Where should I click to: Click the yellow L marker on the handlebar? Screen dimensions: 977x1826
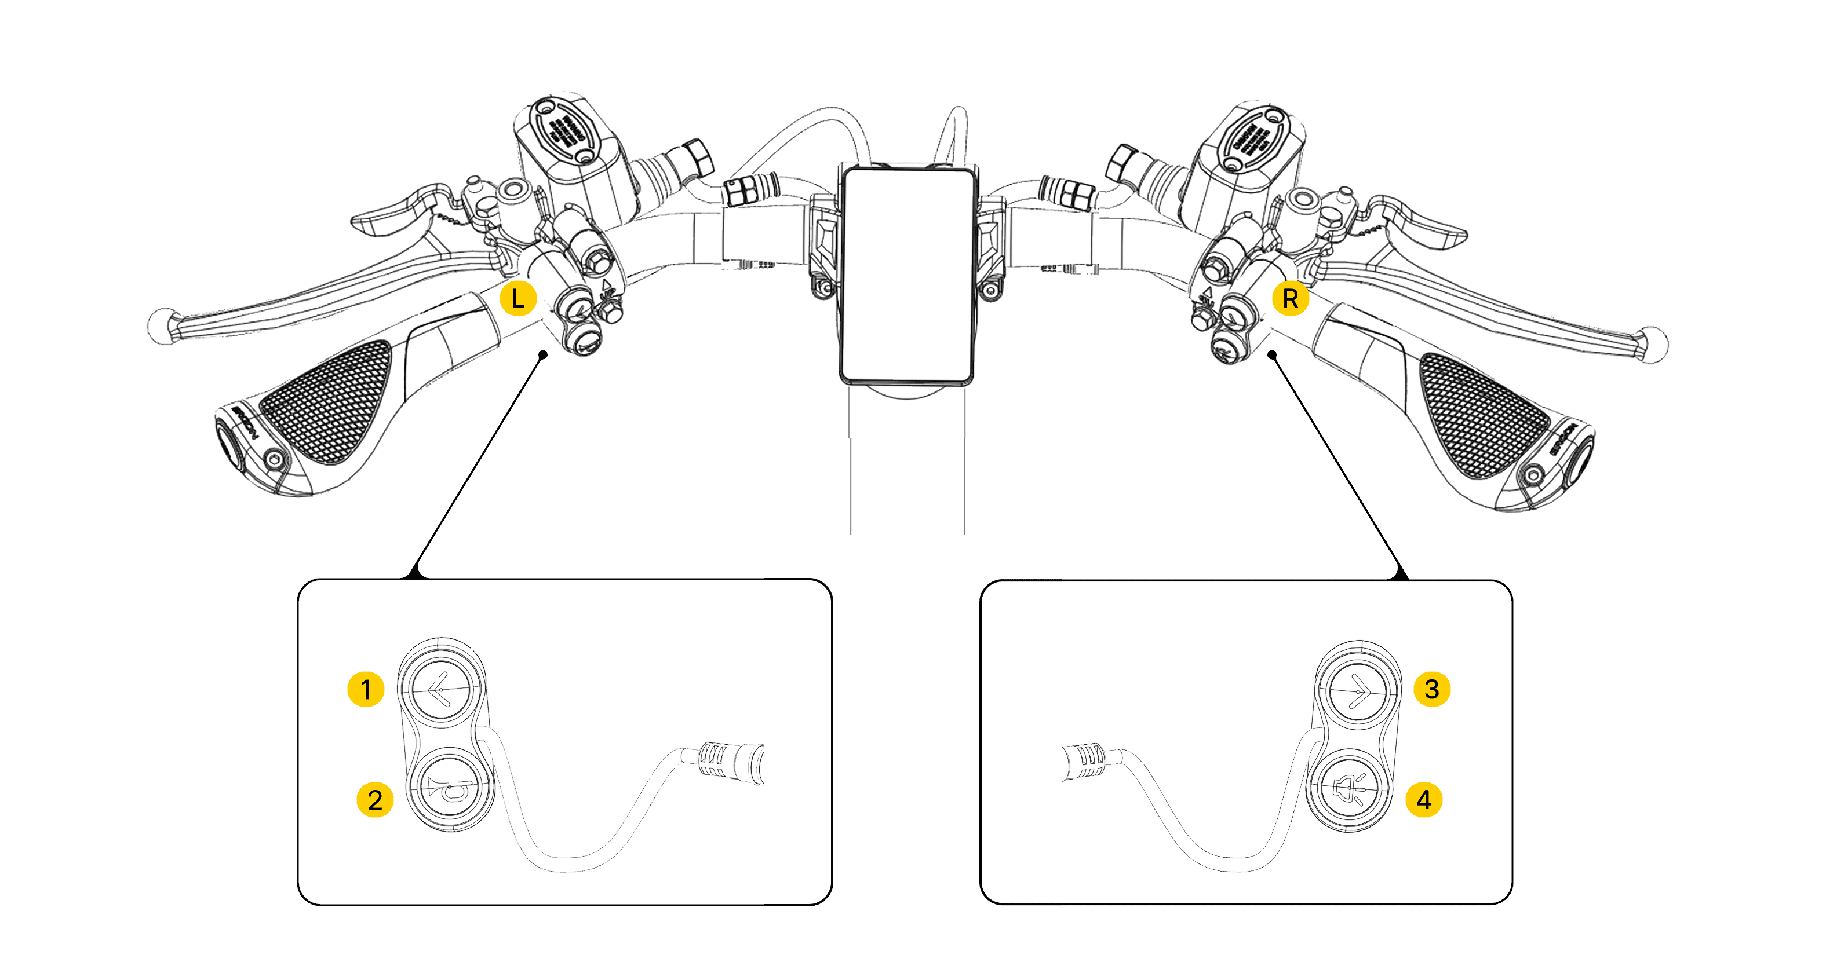point(518,299)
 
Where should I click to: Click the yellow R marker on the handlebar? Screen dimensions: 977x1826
point(1290,299)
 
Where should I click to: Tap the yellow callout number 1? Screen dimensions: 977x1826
point(366,689)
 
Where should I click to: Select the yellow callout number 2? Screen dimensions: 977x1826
point(375,800)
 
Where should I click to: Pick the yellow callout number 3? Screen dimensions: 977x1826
point(1432,689)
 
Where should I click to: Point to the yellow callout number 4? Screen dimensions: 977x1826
point(1424,800)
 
